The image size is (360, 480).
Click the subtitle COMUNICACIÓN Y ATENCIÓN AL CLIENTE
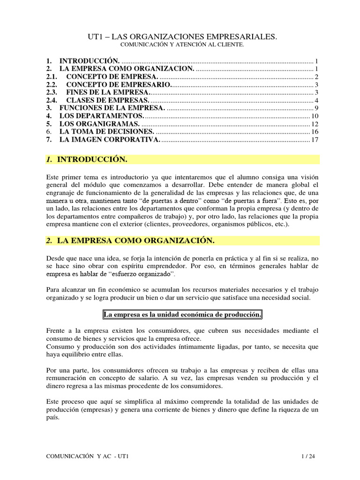tap(182, 45)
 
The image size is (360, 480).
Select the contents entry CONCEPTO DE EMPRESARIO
tap(119, 84)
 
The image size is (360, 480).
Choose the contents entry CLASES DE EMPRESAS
tap(108, 100)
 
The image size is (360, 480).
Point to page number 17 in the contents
tap(315, 140)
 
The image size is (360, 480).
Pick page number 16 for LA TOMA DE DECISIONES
tap(315, 132)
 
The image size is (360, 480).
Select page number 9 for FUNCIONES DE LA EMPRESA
tap(317, 108)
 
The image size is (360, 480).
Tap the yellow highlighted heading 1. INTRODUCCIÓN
tap(92, 160)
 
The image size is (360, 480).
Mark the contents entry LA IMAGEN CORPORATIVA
tap(110, 140)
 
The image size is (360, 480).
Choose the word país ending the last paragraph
tap(53, 418)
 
